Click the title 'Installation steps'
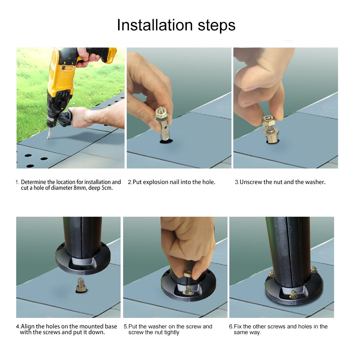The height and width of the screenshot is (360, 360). tap(176, 25)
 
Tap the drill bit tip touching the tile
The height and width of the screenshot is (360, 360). tap(47, 138)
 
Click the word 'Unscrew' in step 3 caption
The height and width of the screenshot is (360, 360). tap(251, 182)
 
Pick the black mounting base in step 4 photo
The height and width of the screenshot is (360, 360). tap(83, 257)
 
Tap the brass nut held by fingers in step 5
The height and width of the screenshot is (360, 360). tap(189, 275)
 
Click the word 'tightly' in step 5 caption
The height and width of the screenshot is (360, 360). tap(172, 332)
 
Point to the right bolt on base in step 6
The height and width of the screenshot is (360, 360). tap(314, 269)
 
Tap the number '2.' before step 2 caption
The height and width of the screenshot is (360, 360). tap(130, 182)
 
